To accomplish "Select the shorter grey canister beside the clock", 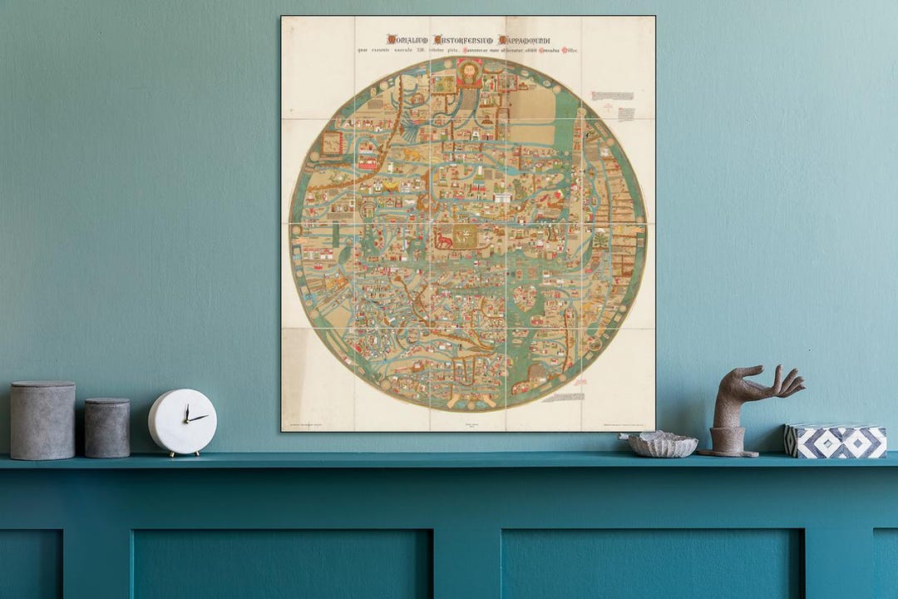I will pyautogui.click(x=107, y=428).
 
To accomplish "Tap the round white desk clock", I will pyautogui.click(x=182, y=422).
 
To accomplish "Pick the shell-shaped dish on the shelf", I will pyautogui.click(x=662, y=444).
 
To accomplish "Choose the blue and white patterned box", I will pyautogui.click(x=835, y=441).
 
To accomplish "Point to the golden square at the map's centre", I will pyautogui.click(x=467, y=236).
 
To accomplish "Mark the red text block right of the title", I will pyautogui.click(x=612, y=97).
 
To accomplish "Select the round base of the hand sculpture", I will pyautogui.click(x=728, y=450).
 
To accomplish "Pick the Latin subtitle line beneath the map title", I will pyautogui.click(x=468, y=52).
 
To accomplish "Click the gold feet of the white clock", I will pyautogui.click(x=182, y=453).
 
